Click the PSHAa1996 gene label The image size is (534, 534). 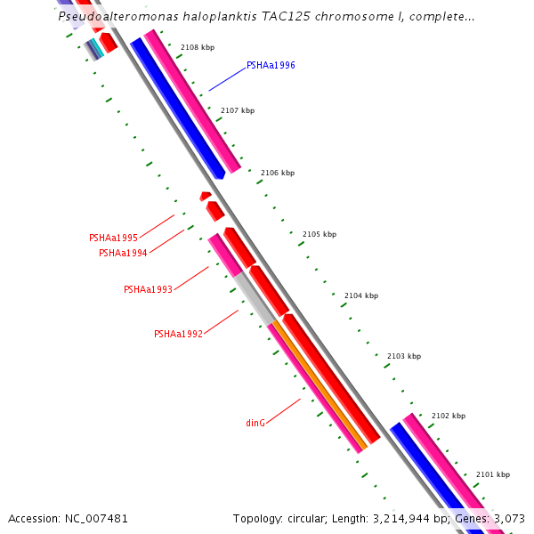pos(271,65)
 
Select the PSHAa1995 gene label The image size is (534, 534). pos(113,238)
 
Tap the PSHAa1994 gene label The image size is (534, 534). pos(123,253)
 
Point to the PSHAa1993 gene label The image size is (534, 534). pos(148,289)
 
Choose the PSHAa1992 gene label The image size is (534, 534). pos(178,334)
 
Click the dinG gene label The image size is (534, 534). pos(255,423)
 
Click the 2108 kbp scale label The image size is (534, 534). pos(198,47)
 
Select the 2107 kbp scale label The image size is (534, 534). pos(238,110)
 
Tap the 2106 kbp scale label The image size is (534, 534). pos(278,173)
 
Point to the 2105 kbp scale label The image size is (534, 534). pos(320,234)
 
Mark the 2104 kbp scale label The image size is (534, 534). pos(361,295)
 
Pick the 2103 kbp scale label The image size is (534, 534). pos(403,356)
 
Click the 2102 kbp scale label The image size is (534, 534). pos(448,416)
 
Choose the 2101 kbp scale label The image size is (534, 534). pos(493,474)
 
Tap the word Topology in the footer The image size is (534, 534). pos(255,518)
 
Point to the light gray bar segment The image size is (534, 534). pos(254,298)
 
